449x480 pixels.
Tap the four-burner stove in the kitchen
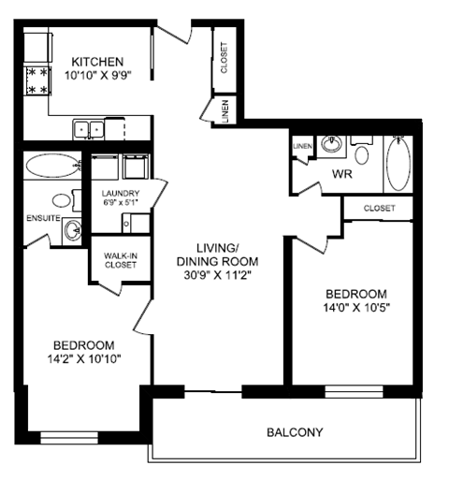point(38,80)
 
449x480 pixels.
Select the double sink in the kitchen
point(89,128)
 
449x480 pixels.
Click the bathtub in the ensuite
point(52,167)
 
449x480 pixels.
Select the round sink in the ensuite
point(73,230)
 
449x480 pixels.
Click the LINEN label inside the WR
point(301,146)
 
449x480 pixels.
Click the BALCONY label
point(295,432)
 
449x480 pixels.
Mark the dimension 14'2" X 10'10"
point(83,358)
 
